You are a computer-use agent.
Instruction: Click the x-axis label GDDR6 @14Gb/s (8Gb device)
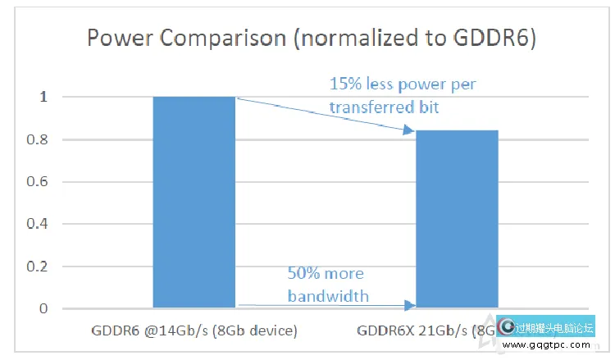tap(194, 331)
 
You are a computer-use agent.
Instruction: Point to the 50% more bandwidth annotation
tap(328, 284)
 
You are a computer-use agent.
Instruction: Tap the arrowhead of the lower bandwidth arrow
tap(410, 306)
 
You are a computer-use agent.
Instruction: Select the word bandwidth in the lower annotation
tap(328, 294)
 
